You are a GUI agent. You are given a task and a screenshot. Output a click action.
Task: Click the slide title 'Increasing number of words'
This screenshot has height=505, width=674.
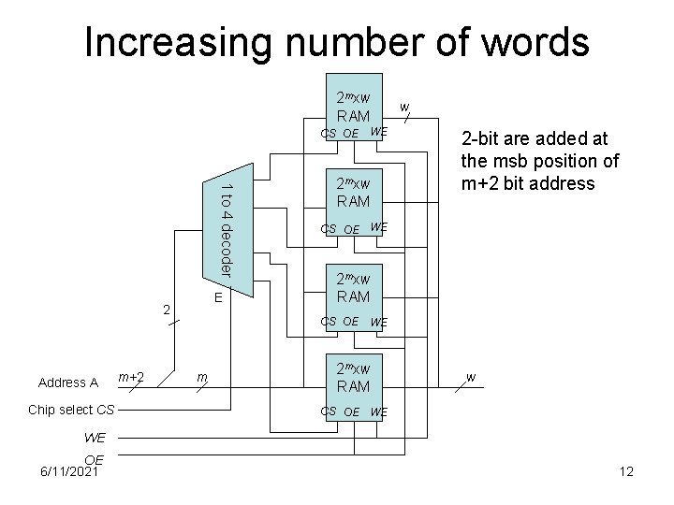pyautogui.click(x=337, y=42)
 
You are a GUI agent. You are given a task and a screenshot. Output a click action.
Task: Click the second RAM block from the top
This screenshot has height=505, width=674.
pyautogui.click(x=353, y=192)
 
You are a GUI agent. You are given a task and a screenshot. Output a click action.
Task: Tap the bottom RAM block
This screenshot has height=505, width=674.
pyautogui.click(x=353, y=377)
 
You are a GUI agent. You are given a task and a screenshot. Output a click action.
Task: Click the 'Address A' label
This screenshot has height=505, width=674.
pyautogui.click(x=68, y=382)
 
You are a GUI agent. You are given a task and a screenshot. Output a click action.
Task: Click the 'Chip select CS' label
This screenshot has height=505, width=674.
pyautogui.click(x=72, y=410)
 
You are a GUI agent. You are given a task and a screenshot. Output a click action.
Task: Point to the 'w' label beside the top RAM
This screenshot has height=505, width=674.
pyautogui.click(x=403, y=108)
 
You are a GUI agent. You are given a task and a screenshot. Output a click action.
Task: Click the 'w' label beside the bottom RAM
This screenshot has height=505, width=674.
pyautogui.click(x=470, y=377)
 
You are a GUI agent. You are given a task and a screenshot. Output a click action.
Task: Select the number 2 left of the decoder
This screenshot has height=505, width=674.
pyautogui.click(x=166, y=309)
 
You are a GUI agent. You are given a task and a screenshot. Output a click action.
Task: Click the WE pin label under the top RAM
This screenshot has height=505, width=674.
pyautogui.click(x=379, y=131)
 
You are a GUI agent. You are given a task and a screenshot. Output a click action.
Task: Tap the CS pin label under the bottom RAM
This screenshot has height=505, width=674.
pyautogui.click(x=329, y=411)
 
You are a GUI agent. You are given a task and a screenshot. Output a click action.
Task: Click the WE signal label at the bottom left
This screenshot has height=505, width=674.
pyautogui.click(x=95, y=437)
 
